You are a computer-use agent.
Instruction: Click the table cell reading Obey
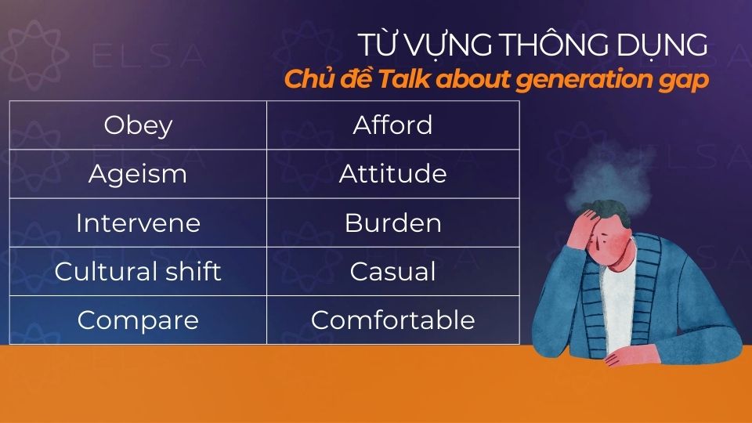pos(138,125)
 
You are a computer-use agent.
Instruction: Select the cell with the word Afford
pos(392,125)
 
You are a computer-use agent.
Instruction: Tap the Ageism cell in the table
pos(138,174)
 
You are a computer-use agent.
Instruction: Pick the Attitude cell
pos(392,174)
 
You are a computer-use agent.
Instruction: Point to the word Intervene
pos(138,223)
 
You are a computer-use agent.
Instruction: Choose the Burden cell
pos(392,223)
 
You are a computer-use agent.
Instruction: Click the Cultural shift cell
pos(138,272)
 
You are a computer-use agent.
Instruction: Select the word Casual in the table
pos(392,272)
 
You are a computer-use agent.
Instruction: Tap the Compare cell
pos(138,320)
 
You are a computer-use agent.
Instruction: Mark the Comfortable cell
pos(392,320)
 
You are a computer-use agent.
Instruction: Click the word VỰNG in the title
pos(444,46)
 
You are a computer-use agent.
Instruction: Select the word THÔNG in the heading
pos(553,46)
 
